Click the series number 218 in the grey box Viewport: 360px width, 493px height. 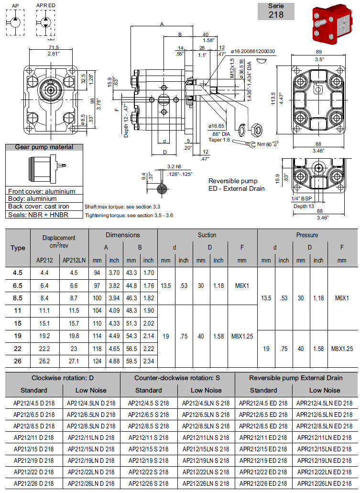click(x=276, y=14)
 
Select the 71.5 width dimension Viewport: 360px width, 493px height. click(x=54, y=47)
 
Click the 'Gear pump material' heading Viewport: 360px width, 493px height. click(x=44, y=147)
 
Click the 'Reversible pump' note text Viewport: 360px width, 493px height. click(x=233, y=181)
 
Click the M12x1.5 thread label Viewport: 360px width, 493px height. click(x=233, y=69)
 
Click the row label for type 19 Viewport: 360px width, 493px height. click(x=18, y=336)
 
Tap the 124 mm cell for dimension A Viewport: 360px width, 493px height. click(x=98, y=360)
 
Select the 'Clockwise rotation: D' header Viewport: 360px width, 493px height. click(x=63, y=378)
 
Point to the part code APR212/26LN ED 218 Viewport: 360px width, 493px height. click(x=325, y=483)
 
